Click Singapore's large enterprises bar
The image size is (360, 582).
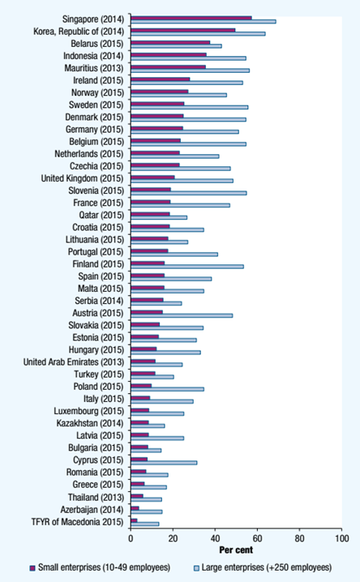pos(204,22)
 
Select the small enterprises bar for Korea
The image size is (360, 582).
pos(183,30)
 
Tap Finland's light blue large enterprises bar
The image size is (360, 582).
pos(187,267)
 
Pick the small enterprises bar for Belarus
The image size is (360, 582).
pos(170,42)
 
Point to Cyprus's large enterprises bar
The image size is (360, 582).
pos(164,463)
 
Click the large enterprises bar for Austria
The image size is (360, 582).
pos(182,315)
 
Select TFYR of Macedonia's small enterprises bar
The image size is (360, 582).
pos(134,520)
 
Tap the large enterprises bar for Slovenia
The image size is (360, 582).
pos(189,193)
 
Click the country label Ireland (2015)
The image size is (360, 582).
pos(98,80)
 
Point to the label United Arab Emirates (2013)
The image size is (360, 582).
pos(74,362)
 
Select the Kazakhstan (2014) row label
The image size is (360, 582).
pos(90,423)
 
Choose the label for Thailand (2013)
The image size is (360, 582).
pos(96,497)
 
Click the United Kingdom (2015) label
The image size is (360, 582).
pos(82,178)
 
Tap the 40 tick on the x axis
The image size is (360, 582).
pos(215,538)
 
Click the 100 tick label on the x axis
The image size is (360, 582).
pos(341,538)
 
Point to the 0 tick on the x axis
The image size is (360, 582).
pos(131,538)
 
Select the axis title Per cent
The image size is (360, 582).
pos(236,550)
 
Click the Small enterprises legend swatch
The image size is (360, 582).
pos(32,568)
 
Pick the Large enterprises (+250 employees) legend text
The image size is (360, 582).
pos(267,567)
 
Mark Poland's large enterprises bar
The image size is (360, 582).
pos(167,389)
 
